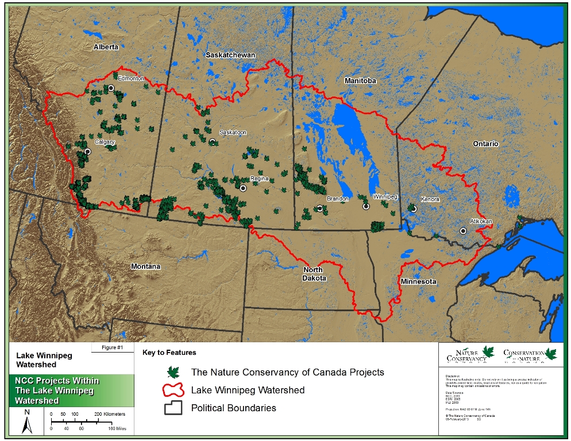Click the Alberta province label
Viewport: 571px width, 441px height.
(x=106, y=47)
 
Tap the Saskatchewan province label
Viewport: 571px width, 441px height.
(x=230, y=55)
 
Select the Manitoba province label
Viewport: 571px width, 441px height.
(x=360, y=81)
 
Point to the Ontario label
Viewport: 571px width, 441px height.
(x=485, y=144)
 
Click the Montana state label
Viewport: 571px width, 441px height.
(x=145, y=266)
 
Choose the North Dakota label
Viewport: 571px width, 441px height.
(x=314, y=274)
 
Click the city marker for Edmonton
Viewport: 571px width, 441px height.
(x=111, y=88)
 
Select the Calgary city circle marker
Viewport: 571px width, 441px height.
(x=87, y=152)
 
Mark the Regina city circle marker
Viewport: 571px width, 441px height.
(x=243, y=188)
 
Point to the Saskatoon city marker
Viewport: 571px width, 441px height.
(x=213, y=141)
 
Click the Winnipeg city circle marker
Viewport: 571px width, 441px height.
(x=365, y=206)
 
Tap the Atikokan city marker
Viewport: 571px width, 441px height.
(x=463, y=231)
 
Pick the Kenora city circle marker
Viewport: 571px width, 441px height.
(x=413, y=209)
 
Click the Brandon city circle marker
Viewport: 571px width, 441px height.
(x=320, y=208)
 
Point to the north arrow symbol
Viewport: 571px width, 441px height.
(x=26, y=423)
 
